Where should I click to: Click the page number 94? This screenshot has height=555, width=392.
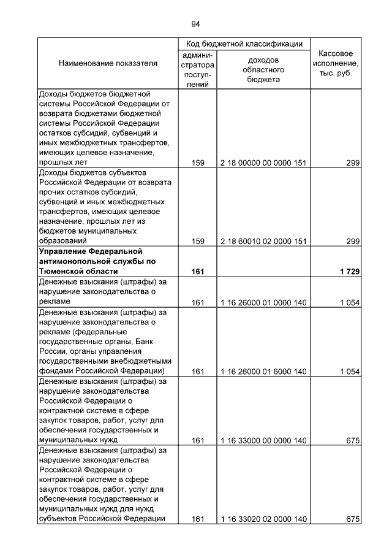pyautogui.click(x=195, y=24)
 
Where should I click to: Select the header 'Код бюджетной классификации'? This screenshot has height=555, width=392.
pyautogui.click(x=244, y=44)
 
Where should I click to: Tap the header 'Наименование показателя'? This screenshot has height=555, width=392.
pyautogui.click(x=108, y=63)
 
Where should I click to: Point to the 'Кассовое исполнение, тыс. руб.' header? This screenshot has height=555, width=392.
pyautogui.click(x=336, y=63)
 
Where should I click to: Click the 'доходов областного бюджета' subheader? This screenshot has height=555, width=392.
pyautogui.click(x=263, y=70)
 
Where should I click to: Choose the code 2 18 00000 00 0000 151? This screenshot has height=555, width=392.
pyautogui.click(x=263, y=163)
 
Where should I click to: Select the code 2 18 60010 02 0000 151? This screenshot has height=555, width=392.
pyautogui.click(x=263, y=242)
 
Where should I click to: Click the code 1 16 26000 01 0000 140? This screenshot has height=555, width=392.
pyautogui.click(x=263, y=302)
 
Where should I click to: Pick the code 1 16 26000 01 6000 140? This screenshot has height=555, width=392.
pyautogui.click(x=263, y=371)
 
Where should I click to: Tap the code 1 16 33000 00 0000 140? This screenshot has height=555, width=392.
pyautogui.click(x=263, y=440)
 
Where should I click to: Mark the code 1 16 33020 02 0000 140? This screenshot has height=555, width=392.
pyautogui.click(x=263, y=519)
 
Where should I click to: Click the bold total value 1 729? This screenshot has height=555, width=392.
pyautogui.click(x=350, y=271)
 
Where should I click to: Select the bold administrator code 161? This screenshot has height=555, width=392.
pyautogui.click(x=197, y=271)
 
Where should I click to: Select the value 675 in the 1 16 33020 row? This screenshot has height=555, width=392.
pyautogui.click(x=352, y=519)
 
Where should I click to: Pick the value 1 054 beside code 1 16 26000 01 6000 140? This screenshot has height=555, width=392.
pyautogui.click(x=350, y=371)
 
